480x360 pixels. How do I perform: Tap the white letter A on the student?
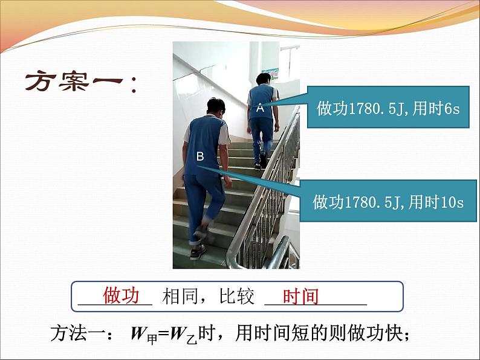point(260,108)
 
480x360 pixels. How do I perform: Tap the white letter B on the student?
point(200,156)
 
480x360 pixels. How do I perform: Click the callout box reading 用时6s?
point(388,107)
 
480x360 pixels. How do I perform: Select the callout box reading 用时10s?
point(388,201)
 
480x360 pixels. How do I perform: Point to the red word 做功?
point(122,295)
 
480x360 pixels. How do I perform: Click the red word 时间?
point(300,296)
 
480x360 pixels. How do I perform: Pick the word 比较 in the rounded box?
point(236,296)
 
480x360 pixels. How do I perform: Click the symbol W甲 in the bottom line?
point(144,334)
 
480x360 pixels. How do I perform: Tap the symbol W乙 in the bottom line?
point(183,334)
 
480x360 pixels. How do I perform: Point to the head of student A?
point(264,79)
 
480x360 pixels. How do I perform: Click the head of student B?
point(216,106)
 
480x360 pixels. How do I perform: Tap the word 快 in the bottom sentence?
point(394,333)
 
